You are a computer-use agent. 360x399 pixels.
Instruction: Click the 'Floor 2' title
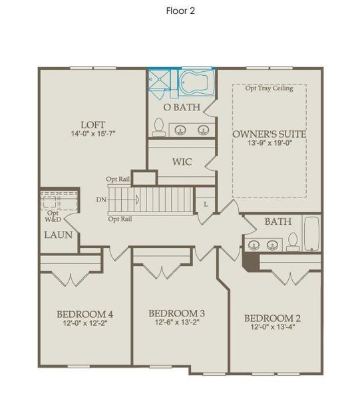click(x=180, y=11)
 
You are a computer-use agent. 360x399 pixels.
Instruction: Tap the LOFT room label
click(x=93, y=124)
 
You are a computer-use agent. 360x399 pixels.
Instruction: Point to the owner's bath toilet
click(x=159, y=127)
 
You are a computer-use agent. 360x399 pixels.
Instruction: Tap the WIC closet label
click(x=182, y=162)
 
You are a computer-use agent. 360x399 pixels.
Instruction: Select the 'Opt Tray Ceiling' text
click(x=269, y=88)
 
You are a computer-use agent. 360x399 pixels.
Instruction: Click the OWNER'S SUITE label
click(x=270, y=134)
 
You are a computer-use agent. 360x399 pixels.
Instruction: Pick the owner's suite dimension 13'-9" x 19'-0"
click(x=270, y=144)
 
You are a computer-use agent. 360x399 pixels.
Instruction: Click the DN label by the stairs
click(x=100, y=198)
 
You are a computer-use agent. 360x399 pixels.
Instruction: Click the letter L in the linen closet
click(x=206, y=203)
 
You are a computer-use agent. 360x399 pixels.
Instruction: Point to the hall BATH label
click(x=277, y=221)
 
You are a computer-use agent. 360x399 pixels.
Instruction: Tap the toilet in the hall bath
click(x=293, y=243)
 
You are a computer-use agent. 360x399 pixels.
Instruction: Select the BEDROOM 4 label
click(x=85, y=314)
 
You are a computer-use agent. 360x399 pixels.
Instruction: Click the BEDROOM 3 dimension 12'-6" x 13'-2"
click(x=176, y=323)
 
